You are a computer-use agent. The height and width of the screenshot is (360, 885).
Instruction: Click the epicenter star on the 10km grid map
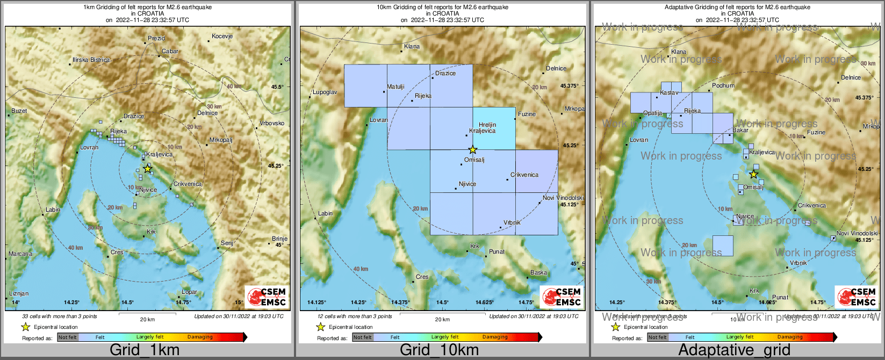(472, 149)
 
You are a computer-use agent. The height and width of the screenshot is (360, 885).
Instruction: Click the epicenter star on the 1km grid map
(148, 169)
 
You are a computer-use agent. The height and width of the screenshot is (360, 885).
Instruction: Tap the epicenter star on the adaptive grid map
(753, 174)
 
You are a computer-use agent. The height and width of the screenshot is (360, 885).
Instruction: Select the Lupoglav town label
(325, 92)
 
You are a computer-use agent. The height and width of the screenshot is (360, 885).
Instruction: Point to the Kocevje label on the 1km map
(222, 37)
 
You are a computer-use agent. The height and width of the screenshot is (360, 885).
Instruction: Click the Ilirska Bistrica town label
(91, 60)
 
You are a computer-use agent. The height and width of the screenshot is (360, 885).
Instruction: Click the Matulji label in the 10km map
(395, 87)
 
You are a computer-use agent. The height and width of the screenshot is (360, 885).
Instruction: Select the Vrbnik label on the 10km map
(512, 222)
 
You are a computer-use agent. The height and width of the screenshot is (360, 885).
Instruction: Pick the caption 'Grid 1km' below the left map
(145, 350)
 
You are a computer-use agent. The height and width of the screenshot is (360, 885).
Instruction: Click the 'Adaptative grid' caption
(734, 350)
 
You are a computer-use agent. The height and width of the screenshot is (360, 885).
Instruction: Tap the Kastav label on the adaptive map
(669, 93)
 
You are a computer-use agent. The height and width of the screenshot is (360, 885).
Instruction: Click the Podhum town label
(723, 85)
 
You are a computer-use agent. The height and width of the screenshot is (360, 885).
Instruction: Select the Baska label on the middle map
(538, 273)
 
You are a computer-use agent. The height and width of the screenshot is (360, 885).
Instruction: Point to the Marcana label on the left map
(20, 254)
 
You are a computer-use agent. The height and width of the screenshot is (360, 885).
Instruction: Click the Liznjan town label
(19, 293)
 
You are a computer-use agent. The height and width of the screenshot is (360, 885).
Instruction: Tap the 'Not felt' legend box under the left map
(68, 337)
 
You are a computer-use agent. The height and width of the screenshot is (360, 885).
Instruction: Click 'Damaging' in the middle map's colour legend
(495, 337)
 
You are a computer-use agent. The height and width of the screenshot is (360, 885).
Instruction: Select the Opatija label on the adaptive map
(652, 113)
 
